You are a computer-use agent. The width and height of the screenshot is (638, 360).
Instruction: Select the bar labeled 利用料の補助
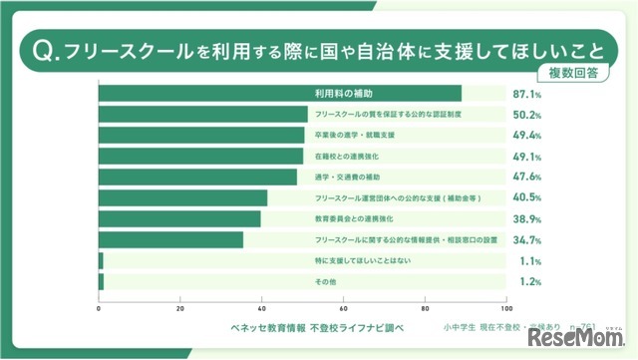click(x=280, y=94)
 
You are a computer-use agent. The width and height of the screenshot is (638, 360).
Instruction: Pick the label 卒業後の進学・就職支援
click(x=354, y=136)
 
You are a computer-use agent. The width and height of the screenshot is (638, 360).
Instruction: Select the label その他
click(x=326, y=282)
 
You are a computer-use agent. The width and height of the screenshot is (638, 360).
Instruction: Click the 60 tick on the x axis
click(x=344, y=308)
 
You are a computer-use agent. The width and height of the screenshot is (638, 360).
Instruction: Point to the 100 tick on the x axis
click(x=506, y=308)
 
